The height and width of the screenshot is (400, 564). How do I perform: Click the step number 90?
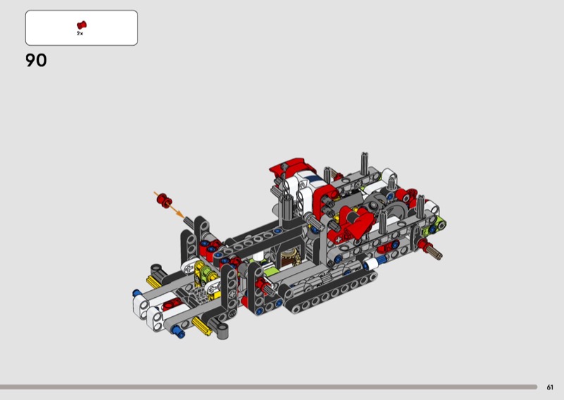36,61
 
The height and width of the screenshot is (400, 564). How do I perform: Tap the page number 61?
550,387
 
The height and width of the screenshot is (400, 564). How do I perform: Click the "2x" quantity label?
80,33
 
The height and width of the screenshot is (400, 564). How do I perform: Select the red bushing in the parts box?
82,25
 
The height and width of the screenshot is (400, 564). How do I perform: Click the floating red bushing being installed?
164,200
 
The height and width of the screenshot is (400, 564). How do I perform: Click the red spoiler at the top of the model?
291,167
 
